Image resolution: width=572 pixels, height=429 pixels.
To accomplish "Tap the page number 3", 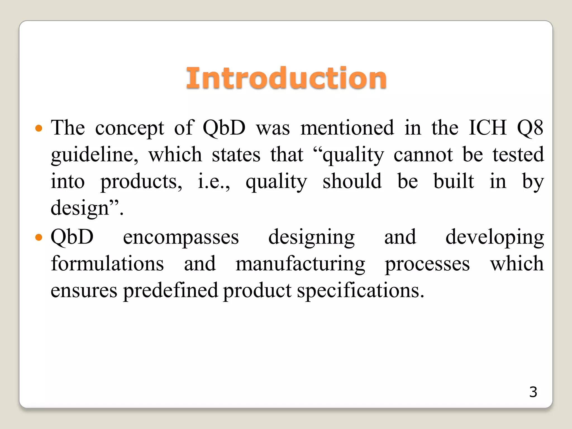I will [x=533, y=392].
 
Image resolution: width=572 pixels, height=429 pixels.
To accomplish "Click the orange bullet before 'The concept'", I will [x=39, y=128].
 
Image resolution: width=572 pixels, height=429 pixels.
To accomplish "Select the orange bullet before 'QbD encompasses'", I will [x=39, y=238].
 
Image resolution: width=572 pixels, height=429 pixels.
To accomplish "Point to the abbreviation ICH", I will [x=487, y=128].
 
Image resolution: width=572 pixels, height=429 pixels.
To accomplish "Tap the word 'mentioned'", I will [x=347, y=128].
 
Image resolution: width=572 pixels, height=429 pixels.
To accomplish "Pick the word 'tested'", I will [x=518, y=154].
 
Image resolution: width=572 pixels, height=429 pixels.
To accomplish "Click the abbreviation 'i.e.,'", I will [x=214, y=182].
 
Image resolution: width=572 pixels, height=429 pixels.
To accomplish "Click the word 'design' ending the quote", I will [x=80, y=208].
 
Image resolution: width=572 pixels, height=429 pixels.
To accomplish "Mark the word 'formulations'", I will [x=107, y=264].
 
